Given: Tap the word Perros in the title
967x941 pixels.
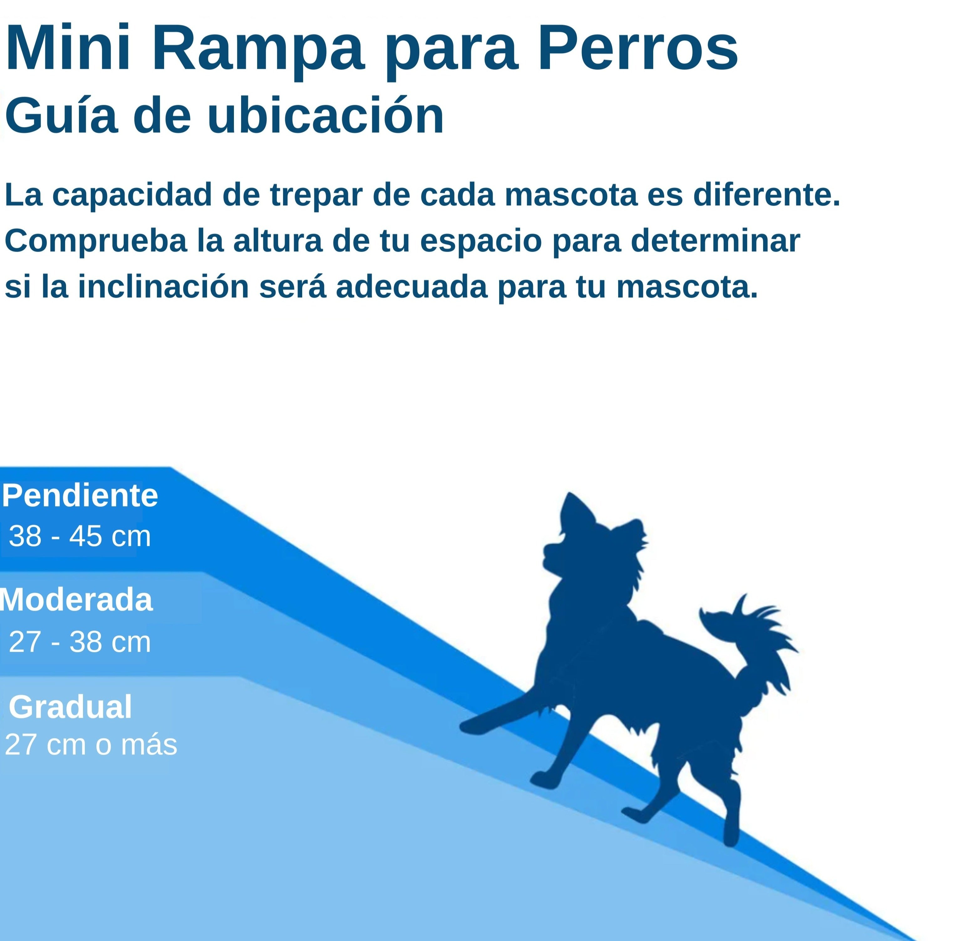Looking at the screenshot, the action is (638, 49).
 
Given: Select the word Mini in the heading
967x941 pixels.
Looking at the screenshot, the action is (68, 49).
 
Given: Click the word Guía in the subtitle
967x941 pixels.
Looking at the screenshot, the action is (61, 116).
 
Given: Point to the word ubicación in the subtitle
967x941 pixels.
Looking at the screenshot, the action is (325, 116).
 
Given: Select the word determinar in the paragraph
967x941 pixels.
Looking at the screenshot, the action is (715, 241).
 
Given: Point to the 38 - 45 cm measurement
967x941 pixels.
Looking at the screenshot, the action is (80, 536).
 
